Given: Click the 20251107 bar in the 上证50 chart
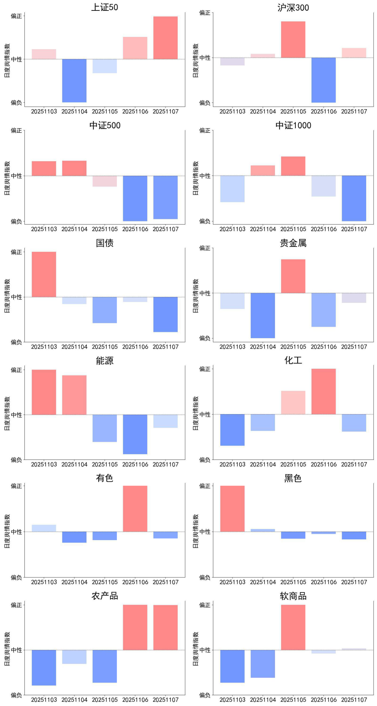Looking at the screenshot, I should tap(165, 38).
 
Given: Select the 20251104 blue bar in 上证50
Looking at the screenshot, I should tap(74, 81).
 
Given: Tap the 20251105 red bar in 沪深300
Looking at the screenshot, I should tap(293, 39).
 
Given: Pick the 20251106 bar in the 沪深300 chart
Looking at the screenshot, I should tap(324, 80).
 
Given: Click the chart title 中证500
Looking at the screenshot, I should tap(105, 126).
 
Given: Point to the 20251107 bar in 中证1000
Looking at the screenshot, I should tap(354, 198).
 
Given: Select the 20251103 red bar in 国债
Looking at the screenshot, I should tap(44, 274).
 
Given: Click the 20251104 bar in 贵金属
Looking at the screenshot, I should tap(263, 316).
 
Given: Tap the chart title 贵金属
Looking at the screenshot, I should tap(293, 243).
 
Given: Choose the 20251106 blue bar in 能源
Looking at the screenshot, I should tap(135, 434).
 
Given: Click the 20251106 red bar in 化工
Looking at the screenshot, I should tap(324, 392).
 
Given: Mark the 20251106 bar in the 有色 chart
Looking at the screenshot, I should tap(135, 509).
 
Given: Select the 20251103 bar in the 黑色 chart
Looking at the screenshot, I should tap(232, 509).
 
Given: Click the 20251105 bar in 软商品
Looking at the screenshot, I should tap(293, 627).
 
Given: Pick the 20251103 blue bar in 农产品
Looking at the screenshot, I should tap(44, 668).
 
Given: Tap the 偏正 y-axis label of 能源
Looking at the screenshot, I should tap(16, 370).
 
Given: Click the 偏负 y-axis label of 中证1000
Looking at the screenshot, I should tap(205, 221).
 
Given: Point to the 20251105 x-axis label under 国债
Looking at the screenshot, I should tap(105, 347).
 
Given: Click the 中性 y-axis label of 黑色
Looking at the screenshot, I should tap(205, 532).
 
